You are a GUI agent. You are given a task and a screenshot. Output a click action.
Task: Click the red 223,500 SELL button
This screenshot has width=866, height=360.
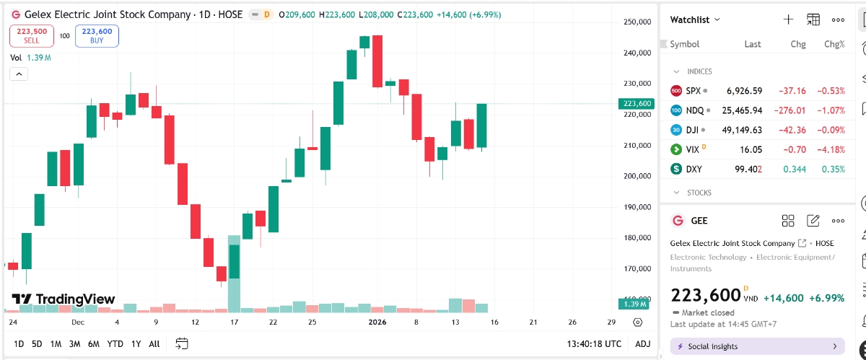(31, 35)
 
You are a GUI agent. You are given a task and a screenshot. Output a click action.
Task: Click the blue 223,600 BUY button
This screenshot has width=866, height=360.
(97, 35)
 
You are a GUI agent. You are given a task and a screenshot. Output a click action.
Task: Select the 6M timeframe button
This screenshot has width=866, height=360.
(94, 343)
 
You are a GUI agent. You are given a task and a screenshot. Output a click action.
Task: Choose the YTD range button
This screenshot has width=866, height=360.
(115, 343)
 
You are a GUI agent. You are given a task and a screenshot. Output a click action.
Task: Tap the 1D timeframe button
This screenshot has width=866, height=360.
(19, 343)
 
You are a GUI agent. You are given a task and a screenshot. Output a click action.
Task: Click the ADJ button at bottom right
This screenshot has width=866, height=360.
(642, 343)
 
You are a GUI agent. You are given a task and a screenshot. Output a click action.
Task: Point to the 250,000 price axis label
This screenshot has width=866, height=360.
(637, 22)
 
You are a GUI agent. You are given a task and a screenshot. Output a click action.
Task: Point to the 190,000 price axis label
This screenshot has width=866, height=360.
(637, 207)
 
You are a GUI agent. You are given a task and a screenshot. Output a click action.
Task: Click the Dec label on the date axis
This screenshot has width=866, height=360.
(78, 322)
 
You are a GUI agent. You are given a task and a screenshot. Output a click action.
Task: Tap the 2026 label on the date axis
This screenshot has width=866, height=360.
(378, 322)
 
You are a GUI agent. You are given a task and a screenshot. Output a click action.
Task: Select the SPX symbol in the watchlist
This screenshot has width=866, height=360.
(693, 91)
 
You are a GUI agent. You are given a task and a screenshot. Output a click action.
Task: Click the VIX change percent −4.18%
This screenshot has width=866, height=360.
(830, 149)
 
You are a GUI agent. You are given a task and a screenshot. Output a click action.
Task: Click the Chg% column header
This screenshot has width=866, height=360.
(834, 44)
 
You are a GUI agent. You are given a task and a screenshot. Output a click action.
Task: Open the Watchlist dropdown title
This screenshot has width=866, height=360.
(695, 19)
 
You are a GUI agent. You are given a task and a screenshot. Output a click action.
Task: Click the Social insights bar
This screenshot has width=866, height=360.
(758, 346)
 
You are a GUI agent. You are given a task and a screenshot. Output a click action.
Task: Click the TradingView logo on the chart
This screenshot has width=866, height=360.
(64, 299)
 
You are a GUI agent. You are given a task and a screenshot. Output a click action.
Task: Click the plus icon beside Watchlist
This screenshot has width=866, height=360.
(788, 19)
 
